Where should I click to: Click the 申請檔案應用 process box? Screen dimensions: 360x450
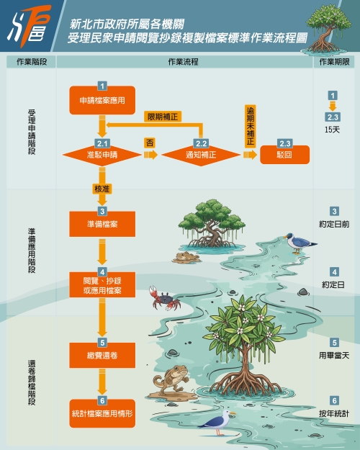click(102, 100)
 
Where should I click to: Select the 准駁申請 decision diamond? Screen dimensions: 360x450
click(102, 155)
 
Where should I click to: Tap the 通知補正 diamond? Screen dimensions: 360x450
click(201, 155)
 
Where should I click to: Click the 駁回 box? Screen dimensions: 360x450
click(285, 155)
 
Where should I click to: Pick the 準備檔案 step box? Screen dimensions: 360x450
click(102, 224)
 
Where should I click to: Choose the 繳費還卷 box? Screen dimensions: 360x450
click(102, 355)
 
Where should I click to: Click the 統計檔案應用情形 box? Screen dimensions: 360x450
click(102, 413)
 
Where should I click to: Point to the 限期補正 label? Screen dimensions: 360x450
click(163, 117)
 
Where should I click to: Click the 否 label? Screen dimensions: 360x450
click(150, 143)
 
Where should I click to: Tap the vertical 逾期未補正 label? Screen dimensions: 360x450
click(251, 127)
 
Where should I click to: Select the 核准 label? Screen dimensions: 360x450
click(102, 189)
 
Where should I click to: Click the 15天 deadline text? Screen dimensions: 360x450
click(332, 130)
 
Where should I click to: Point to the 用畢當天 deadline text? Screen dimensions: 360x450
click(334, 356)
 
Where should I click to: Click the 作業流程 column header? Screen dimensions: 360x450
click(183, 62)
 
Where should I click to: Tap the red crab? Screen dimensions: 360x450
click(164, 299)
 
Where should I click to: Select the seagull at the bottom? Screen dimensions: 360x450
click(217, 422)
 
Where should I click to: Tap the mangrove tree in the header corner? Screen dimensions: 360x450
click(327, 29)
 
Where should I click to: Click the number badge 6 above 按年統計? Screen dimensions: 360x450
click(334, 400)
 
